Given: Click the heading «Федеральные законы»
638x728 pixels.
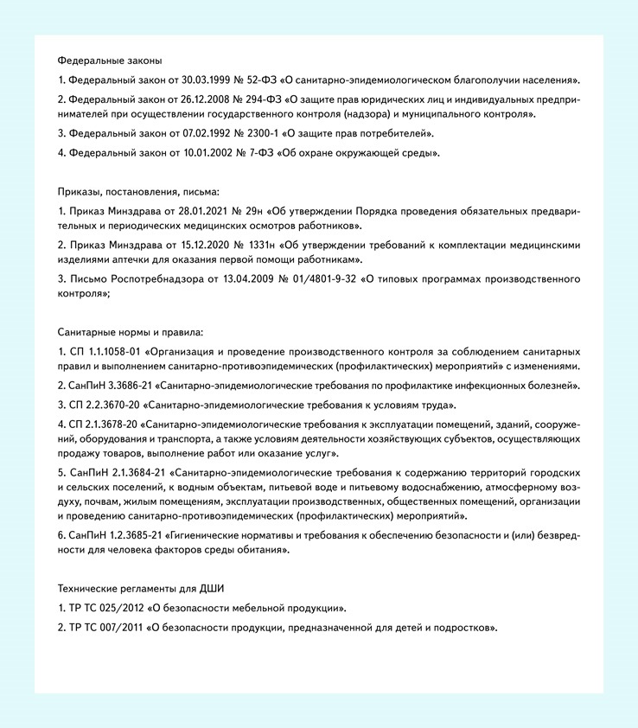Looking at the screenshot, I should tap(110, 61).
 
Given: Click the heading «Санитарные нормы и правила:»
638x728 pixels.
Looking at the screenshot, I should tap(131, 333).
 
